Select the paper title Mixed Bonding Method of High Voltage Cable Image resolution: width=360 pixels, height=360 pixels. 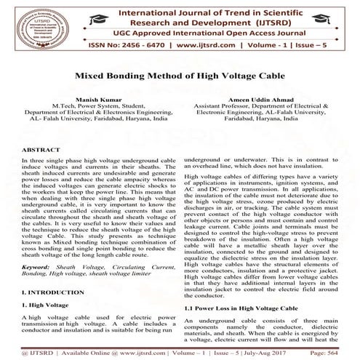(x=180, y=74)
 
